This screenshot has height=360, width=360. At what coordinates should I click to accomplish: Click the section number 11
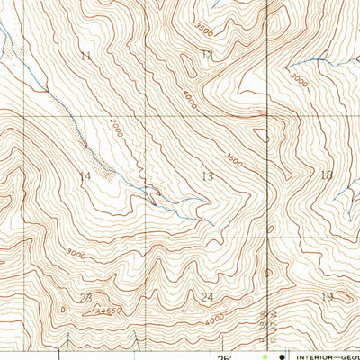[x=85, y=57]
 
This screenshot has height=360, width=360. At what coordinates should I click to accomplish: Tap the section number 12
[x=208, y=55]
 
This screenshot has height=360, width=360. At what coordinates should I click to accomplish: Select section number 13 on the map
[x=208, y=176]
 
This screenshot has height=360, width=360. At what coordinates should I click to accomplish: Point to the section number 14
[x=85, y=176]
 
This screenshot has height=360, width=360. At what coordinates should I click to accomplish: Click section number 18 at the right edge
[x=326, y=175]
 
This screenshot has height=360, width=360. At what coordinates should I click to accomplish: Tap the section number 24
[x=208, y=297]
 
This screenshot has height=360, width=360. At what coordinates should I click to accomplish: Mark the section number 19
[x=328, y=296]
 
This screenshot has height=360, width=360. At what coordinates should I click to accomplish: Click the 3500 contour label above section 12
[x=203, y=30]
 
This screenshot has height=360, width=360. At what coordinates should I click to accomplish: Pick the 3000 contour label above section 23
[x=76, y=255]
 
